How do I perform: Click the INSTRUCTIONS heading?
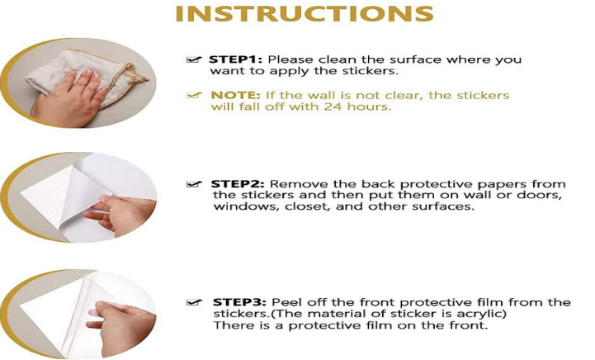click(x=305, y=14)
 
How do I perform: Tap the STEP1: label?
click(x=235, y=59)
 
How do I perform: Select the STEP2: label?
click(x=237, y=184)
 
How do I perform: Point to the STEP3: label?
click(x=239, y=303)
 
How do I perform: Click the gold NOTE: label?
click(x=236, y=95)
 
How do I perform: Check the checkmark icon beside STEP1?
click(x=194, y=59)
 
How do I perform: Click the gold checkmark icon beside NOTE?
click(x=194, y=95)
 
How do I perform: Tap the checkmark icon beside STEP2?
click(x=194, y=184)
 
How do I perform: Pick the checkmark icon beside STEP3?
click(x=194, y=302)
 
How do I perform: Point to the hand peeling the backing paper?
click(x=120, y=216)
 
